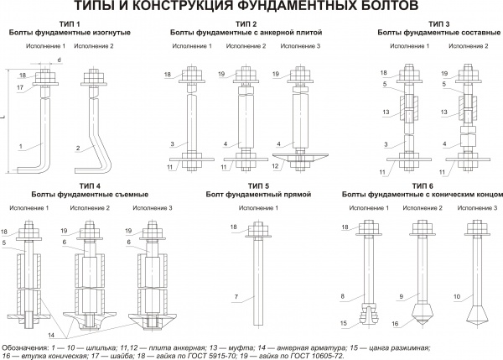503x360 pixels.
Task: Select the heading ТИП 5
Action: [x=258, y=185]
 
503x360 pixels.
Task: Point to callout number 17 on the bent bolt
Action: [x=19, y=86]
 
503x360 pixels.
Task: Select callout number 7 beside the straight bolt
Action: [x=237, y=297]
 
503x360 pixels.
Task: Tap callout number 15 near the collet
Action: [x=344, y=322]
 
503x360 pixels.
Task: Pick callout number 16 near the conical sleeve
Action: [x=397, y=322]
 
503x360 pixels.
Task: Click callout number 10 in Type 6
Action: [x=456, y=295]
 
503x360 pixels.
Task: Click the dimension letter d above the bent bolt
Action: [x=60, y=61]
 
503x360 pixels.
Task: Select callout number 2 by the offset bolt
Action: [x=77, y=149]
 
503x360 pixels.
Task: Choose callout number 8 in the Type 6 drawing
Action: [x=344, y=295]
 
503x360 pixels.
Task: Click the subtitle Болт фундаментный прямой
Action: [x=258, y=194]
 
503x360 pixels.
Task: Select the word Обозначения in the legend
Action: [x=23, y=347]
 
